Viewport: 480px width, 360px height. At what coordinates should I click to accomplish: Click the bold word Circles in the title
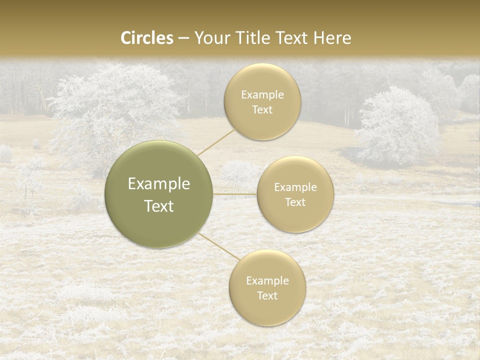(x=146, y=38)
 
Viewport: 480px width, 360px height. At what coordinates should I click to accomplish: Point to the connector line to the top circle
(x=216, y=141)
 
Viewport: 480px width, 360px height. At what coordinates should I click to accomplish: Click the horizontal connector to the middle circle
(x=235, y=194)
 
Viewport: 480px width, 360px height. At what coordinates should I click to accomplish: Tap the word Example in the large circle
(x=159, y=184)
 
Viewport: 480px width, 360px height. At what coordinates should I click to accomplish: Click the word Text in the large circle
(x=159, y=206)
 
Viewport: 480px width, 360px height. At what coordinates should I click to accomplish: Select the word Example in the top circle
(x=262, y=95)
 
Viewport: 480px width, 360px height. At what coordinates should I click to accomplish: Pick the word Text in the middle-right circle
(x=295, y=202)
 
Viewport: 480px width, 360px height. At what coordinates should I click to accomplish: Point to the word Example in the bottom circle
(x=267, y=281)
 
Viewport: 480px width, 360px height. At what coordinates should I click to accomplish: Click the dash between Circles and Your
(x=183, y=38)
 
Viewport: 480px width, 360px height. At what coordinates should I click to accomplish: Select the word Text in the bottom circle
(x=267, y=296)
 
